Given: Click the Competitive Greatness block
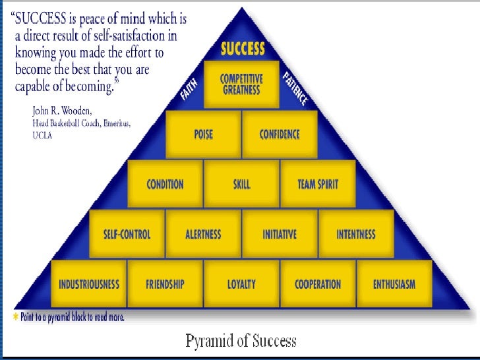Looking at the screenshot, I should click(242, 84).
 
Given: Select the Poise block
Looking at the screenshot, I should click(203, 135).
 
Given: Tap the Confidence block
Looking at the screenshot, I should click(280, 135).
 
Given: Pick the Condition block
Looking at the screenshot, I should click(165, 184).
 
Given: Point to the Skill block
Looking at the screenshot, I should click(242, 184).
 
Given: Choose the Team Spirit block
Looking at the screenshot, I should click(318, 184).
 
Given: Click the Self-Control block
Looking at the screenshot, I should click(127, 234).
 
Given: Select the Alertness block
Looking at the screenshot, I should click(203, 234).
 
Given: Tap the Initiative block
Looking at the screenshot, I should click(280, 234).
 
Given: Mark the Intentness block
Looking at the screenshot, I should click(356, 234).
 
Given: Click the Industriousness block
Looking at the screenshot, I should click(89, 284).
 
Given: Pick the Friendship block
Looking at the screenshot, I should click(165, 284).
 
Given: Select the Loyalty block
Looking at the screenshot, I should click(241, 284).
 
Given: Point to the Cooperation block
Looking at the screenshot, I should click(318, 284).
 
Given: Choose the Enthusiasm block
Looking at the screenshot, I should click(394, 284).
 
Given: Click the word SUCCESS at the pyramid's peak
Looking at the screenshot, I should click(243, 49).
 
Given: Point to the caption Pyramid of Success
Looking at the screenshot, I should click(241, 341).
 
